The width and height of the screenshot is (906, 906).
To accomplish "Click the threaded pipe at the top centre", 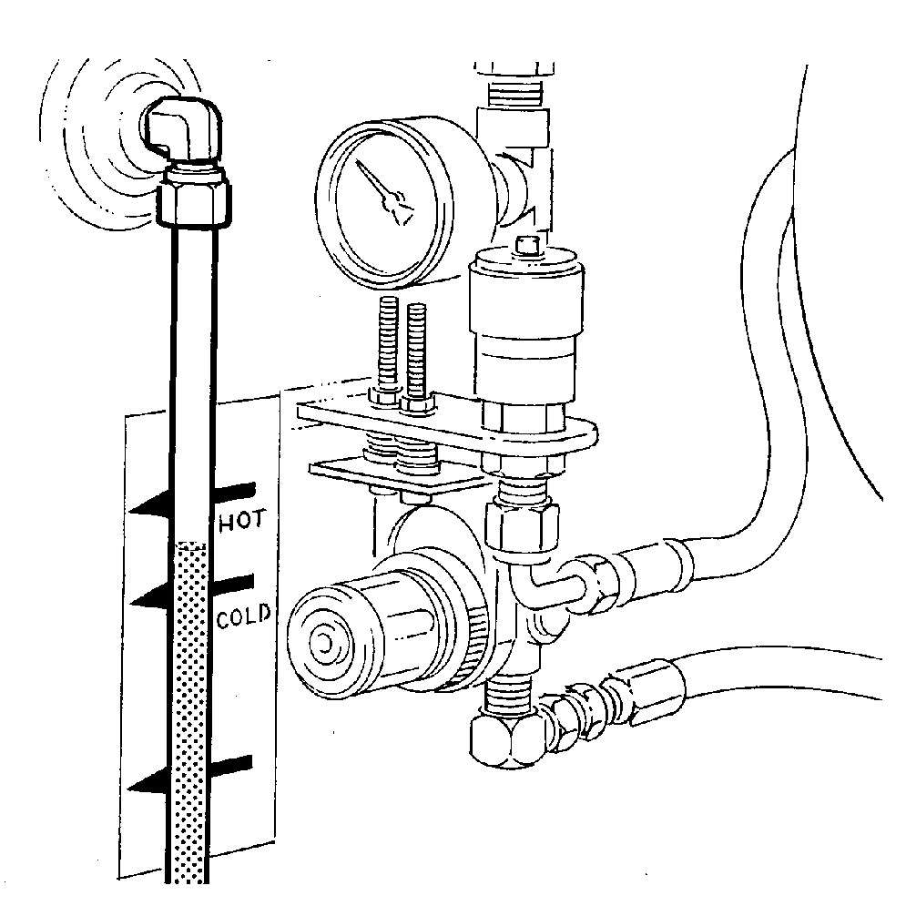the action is click(x=514, y=91).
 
